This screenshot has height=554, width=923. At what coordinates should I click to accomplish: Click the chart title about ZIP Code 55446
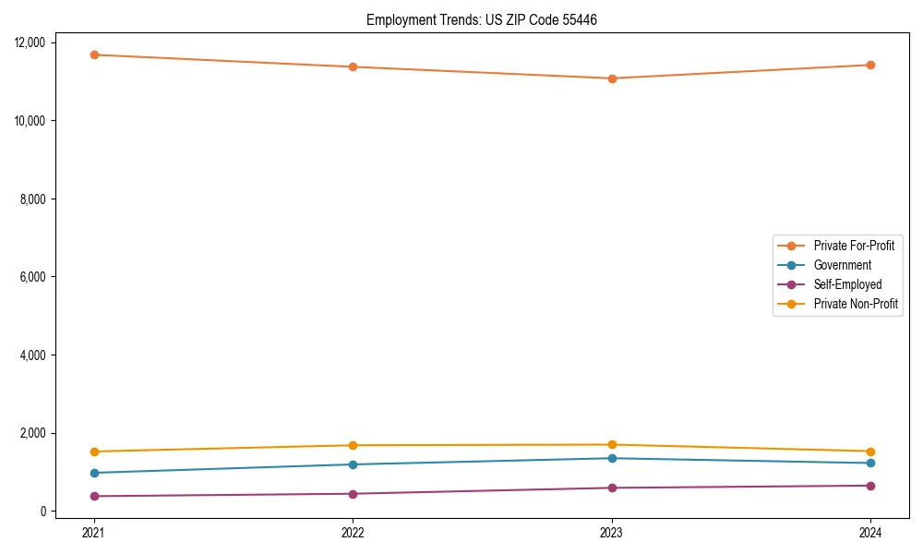[482, 19]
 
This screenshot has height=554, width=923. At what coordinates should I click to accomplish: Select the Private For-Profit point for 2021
[93, 54]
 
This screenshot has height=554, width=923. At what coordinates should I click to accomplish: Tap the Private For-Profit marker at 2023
[612, 78]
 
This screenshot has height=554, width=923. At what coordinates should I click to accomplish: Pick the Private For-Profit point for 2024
[870, 65]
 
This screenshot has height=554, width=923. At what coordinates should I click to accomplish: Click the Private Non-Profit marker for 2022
[353, 445]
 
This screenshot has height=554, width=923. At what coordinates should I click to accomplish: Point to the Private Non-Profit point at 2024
[870, 452]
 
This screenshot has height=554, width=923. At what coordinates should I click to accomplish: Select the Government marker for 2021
[93, 473]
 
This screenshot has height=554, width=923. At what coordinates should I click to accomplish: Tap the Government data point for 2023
[612, 458]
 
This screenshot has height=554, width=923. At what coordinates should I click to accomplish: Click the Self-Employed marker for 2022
[353, 494]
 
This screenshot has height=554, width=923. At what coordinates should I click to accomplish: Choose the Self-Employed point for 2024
[870, 486]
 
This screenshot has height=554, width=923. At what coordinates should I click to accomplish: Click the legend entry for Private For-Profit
[853, 246]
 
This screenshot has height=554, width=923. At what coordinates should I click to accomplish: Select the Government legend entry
[842, 265]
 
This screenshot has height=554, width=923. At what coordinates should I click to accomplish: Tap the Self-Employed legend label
[847, 284]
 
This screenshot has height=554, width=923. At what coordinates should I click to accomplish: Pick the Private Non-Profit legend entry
[856, 304]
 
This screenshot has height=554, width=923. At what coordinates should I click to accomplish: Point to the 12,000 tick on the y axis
[31, 42]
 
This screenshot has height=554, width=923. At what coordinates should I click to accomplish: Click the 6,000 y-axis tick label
[34, 277]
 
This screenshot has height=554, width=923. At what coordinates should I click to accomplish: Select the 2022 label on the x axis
[353, 533]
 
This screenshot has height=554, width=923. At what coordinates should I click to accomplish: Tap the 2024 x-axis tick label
[870, 533]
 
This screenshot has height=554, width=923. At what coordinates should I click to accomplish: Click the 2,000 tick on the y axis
[34, 433]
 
